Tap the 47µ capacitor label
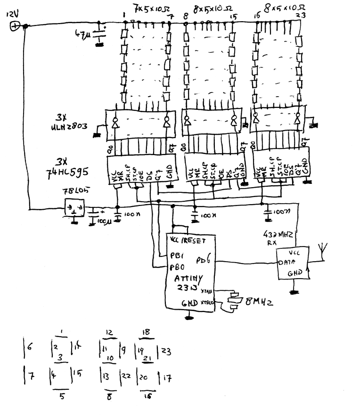pyautogui.click(x=83, y=34)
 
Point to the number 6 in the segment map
pyautogui.click(x=30, y=348)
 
